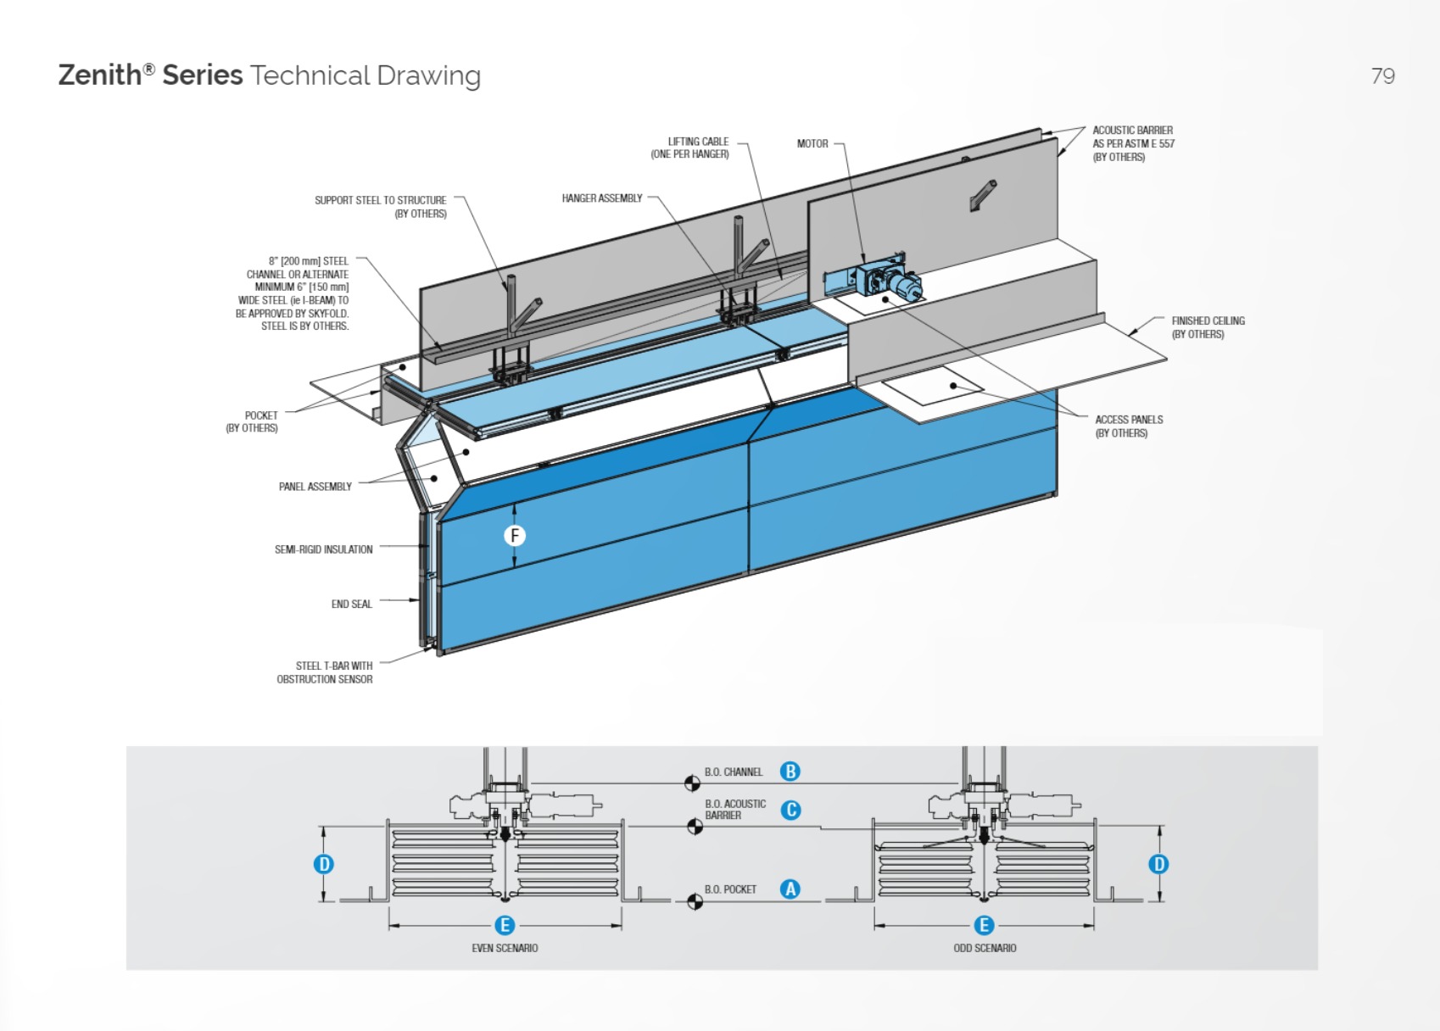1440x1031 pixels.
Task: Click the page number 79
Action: coord(1382,76)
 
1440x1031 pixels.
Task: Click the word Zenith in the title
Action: coord(99,75)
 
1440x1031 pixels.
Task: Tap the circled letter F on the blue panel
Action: coord(514,536)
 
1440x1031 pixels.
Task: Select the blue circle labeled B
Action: coord(790,772)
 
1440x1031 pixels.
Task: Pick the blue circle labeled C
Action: coord(790,810)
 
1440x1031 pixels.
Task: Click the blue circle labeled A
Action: coord(790,889)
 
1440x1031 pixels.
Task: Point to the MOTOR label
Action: coord(812,144)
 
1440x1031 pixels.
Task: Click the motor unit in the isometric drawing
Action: coord(887,281)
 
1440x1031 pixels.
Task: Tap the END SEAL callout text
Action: coord(351,605)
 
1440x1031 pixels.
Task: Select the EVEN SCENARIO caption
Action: coord(505,948)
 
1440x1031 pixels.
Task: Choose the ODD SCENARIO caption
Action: coord(984,948)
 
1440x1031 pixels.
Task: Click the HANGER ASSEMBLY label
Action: coord(601,198)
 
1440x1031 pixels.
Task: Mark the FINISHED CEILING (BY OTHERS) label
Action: coord(1207,327)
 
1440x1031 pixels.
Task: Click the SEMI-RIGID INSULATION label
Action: coord(323,549)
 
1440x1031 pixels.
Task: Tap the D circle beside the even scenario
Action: coord(323,864)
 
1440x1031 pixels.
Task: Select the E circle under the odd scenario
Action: coord(984,925)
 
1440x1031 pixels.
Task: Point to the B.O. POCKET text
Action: coord(730,889)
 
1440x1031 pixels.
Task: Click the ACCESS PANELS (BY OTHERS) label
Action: coord(1128,426)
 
